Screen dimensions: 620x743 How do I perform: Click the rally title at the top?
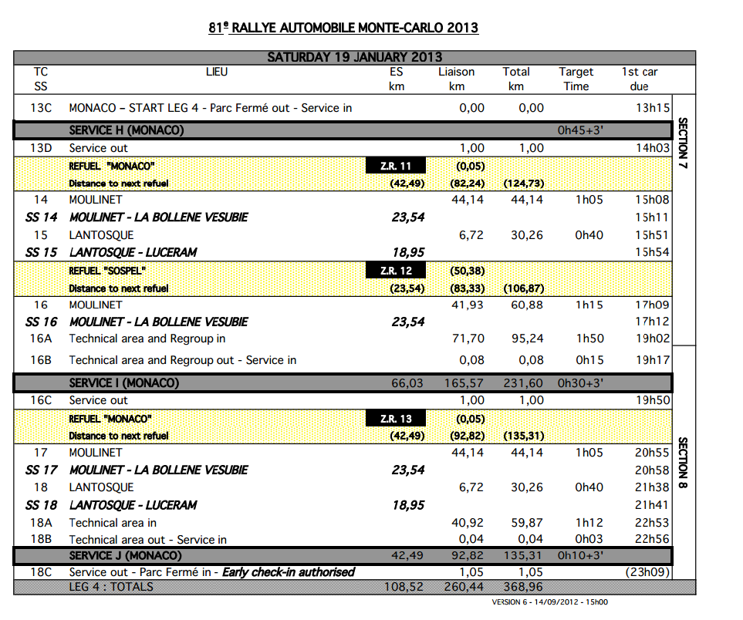[343, 29]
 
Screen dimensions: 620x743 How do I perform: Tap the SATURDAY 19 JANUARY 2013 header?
[354, 57]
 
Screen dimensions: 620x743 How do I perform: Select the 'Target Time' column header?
[576, 79]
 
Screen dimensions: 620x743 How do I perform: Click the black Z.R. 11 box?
[395, 166]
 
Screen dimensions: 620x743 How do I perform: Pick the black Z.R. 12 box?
[395, 271]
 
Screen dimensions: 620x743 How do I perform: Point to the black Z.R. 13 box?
[395, 419]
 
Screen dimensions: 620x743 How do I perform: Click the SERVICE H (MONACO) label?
[127, 130]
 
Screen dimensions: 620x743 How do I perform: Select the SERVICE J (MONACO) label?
[125, 555]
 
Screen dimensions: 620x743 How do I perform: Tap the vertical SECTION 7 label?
[683, 143]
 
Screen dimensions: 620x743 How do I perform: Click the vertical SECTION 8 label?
[683, 463]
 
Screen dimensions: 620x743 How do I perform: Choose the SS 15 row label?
[41, 252]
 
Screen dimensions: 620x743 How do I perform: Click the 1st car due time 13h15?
[652, 108]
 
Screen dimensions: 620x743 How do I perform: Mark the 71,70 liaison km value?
[468, 339]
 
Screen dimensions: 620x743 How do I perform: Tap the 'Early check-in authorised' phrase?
[289, 572]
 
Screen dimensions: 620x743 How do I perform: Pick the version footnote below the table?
[549, 602]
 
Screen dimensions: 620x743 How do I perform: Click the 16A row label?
[41, 339]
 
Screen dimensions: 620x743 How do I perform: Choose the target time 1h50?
[589, 339]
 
